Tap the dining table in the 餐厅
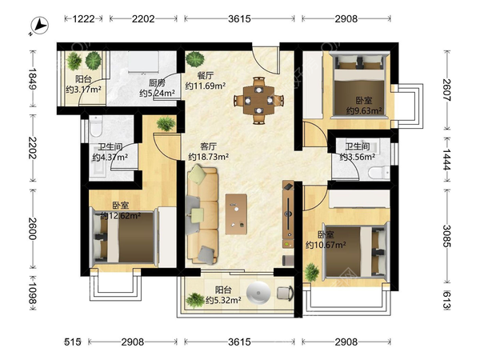pyautogui.click(x=258, y=100)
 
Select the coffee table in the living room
pyautogui.click(x=236, y=214)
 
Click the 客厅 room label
pyautogui.click(x=208, y=146)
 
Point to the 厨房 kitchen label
pyautogui.click(x=157, y=82)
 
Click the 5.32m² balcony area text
pyautogui.click(x=223, y=300)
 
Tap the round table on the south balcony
pyautogui.click(x=258, y=293)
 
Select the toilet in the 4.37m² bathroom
pyautogui.click(x=96, y=126)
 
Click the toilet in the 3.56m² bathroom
pyautogui.click(x=379, y=173)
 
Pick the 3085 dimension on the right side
pyautogui.click(x=447, y=236)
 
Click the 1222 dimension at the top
pyautogui.click(x=83, y=19)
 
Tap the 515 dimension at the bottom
pyautogui.click(x=73, y=342)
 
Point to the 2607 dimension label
pyautogui.click(x=447, y=90)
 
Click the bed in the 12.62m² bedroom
pyautogui.click(x=124, y=237)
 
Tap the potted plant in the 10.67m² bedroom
pyautogui.click(x=312, y=272)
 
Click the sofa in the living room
pyautogui.click(x=202, y=214)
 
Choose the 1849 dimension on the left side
pyautogui.click(x=33, y=78)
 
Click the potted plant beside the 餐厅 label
pyautogui.click(x=195, y=59)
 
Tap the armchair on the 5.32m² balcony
pyautogui.click(x=286, y=293)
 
